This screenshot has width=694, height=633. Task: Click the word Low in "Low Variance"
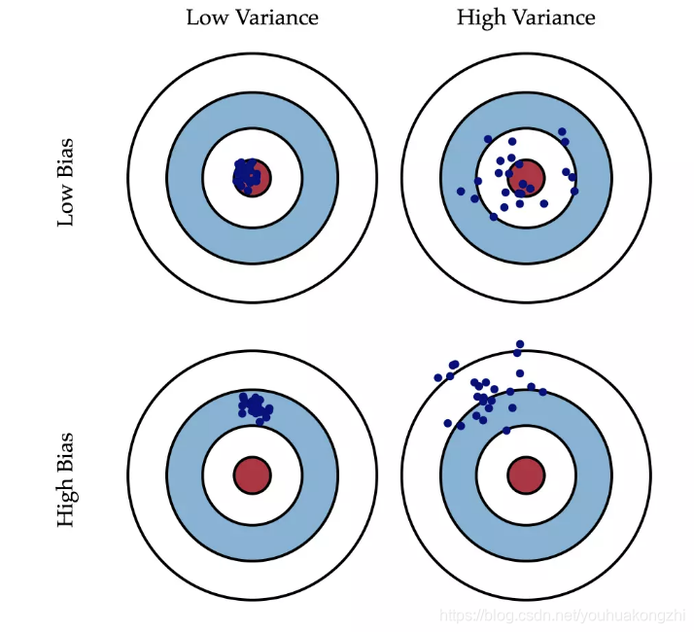[207, 18]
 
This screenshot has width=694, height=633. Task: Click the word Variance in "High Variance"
[549, 18]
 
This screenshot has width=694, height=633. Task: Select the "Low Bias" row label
[66, 182]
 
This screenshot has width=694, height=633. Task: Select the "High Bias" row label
[66, 479]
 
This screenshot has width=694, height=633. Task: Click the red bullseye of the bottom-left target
[252, 475]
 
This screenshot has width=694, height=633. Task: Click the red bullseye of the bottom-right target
[526, 475]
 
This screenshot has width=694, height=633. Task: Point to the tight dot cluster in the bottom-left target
[255, 405]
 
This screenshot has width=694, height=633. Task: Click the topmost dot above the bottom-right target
[520, 344]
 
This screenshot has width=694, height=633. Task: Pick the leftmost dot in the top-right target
[461, 192]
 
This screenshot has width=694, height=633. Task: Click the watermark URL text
[563, 615]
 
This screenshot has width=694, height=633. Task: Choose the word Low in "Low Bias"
[66, 207]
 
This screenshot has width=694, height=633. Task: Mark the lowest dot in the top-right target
[495, 217]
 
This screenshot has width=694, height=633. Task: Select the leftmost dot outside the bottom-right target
[438, 377]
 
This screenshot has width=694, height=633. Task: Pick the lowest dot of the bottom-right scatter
[506, 430]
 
